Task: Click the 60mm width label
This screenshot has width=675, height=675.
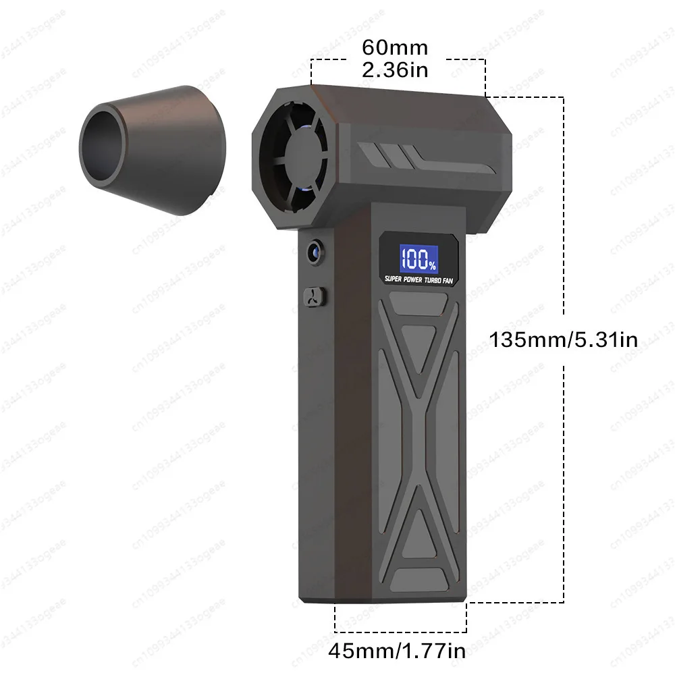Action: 395,48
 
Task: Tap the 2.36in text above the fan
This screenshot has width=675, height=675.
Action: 395,70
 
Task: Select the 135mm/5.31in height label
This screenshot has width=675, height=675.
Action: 564,339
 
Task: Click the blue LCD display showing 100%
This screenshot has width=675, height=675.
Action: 419,257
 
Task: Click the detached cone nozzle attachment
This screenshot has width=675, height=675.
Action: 152,148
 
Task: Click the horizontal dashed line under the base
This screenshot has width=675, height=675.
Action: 400,632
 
